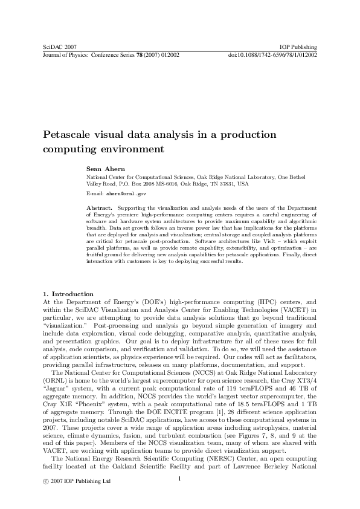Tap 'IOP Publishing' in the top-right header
pos(299,47)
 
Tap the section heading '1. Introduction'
pos(69,294)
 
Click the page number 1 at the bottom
pos(180,479)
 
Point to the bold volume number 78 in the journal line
pos(143,54)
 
